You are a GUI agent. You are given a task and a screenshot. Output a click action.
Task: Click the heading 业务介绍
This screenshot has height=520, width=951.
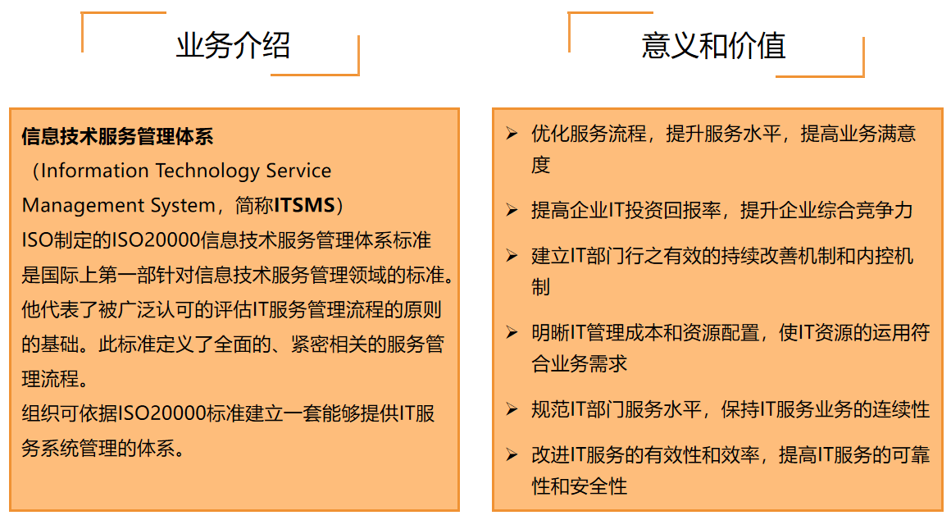(233, 45)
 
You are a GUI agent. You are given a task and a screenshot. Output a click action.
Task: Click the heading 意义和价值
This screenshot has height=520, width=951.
(714, 45)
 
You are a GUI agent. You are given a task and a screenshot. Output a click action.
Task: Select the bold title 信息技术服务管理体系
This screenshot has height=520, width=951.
(118, 136)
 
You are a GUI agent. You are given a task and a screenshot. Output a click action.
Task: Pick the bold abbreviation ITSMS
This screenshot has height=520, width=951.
(304, 205)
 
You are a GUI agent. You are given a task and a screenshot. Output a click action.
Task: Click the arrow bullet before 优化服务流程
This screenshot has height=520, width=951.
(512, 134)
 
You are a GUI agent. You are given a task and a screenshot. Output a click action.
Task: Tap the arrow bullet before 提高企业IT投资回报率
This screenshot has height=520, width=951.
(512, 210)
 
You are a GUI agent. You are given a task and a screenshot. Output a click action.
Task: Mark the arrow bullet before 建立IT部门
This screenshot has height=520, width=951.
(512, 255)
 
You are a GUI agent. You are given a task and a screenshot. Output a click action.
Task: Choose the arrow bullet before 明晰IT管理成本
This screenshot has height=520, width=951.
(512, 332)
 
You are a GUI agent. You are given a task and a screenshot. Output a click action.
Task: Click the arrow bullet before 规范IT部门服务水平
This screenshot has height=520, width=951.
(512, 409)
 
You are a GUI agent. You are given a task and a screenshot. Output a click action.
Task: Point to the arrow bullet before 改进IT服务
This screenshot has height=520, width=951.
(512, 454)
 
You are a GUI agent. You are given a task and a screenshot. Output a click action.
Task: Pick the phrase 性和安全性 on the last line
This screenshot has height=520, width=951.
(580, 486)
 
